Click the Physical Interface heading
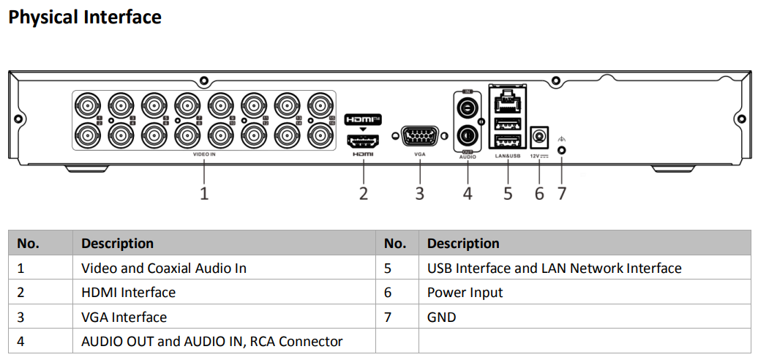(85, 17)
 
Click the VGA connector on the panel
(419, 136)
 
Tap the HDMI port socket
(364, 140)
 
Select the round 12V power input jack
(539, 136)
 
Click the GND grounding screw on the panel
(561, 150)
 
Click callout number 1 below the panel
(204, 194)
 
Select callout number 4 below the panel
(468, 194)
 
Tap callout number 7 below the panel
(561, 194)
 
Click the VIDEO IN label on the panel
(204, 155)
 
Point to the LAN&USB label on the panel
(507, 155)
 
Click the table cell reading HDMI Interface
(129, 293)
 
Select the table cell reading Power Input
(465, 293)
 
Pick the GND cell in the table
(441, 317)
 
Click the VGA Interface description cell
(124, 317)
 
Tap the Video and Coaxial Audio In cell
(164, 269)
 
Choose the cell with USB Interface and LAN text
(554, 269)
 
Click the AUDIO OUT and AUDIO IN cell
(212, 341)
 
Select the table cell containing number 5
(388, 269)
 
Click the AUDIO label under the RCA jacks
(468, 157)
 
